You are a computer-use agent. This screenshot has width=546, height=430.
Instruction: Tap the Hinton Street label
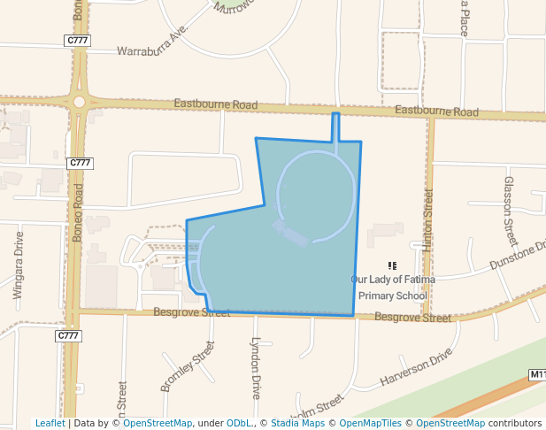(428, 221)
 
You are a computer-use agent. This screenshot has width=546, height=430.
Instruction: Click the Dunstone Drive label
(519, 257)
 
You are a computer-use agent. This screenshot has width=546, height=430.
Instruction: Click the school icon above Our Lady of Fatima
(392, 265)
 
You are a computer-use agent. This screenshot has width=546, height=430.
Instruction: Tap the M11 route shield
(537, 375)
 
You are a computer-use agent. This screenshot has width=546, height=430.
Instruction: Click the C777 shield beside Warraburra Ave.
(78, 41)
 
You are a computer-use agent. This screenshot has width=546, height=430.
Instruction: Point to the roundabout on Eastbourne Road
(79, 102)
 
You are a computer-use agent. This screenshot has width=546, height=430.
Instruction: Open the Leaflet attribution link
(50, 423)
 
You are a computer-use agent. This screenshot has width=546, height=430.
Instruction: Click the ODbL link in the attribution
(238, 423)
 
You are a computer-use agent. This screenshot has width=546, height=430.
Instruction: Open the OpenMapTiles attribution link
(371, 423)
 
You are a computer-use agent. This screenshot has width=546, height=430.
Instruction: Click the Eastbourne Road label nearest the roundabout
(216, 105)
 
